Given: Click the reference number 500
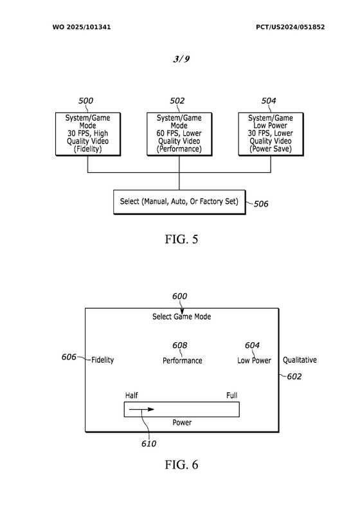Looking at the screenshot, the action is coord(85,101).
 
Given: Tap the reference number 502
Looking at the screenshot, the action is coord(177,101).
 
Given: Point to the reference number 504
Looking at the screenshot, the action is coord(269,101).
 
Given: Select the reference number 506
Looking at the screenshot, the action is coord(261,204).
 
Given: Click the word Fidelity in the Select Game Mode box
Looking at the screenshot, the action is coord(102,360).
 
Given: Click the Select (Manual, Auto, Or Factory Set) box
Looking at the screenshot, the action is coord(179,202).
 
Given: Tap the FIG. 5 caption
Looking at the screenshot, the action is coord(181,239).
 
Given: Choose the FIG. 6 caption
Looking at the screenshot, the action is coord(181,464).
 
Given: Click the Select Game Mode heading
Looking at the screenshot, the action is coord(181,316).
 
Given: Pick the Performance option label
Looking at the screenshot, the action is coord(183,360).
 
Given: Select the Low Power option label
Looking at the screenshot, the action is coord(254,360).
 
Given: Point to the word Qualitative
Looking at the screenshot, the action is coord(300,360).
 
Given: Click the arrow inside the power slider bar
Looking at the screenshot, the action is coord(141,409).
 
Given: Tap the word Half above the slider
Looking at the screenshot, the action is coord(131,396).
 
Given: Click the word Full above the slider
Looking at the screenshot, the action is coord(232,396).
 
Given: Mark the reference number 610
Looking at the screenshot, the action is coord(148,444).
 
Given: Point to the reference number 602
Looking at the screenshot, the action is coord(294,377).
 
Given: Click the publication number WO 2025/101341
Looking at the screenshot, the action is coord(82,27).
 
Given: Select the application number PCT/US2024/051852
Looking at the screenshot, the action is coord(291,27).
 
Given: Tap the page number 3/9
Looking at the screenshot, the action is coord(181,59).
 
